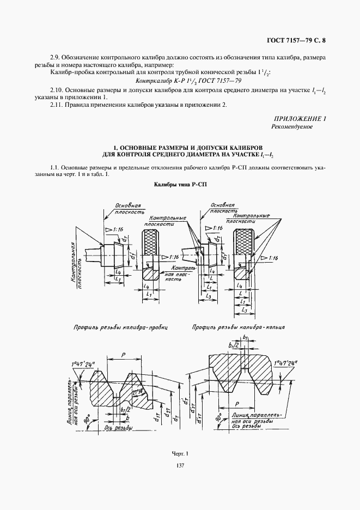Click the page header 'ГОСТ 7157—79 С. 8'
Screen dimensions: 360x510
pyautogui.click(x=298, y=40)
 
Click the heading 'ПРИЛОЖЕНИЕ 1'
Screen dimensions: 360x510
pyautogui.click(x=301, y=118)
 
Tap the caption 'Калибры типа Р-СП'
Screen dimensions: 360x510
pyautogui.click(x=180, y=185)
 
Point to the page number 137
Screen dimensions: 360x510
pyautogui.click(x=180, y=465)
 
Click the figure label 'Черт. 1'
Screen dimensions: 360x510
pyautogui.click(x=179, y=453)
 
